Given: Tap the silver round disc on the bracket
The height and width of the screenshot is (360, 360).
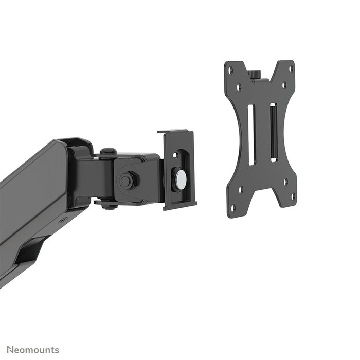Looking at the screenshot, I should click(x=181, y=178).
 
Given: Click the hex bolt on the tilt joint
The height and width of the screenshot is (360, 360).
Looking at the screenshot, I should click(x=127, y=181).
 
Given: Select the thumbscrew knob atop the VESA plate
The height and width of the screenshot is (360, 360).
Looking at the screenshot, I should click(x=256, y=74).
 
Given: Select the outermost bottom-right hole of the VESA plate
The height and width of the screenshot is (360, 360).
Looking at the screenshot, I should click(x=293, y=196).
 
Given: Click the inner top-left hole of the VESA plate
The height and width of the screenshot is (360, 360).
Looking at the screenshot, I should click(x=239, y=87).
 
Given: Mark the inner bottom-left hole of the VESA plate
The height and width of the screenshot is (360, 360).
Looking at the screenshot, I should click(x=241, y=189).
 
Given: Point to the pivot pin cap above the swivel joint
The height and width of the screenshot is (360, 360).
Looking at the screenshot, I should click(x=107, y=151).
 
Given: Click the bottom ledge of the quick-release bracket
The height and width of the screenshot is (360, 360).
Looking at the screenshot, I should click(x=180, y=206).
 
